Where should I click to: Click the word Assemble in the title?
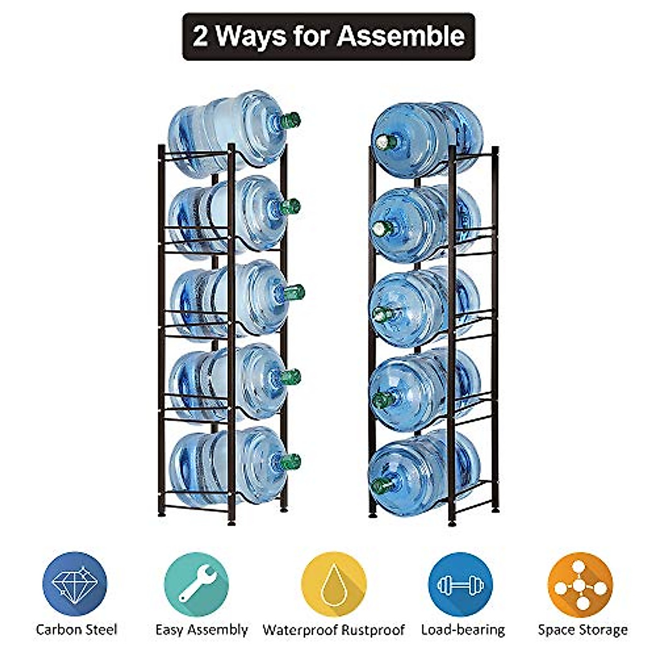pyautogui.click(x=400, y=36)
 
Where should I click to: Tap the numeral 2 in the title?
pyautogui.click(x=200, y=37)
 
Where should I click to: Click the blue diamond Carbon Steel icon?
pyautogui.click(x=75, y=584)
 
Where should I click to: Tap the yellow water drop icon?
pyautogui.click(x=333, y=584)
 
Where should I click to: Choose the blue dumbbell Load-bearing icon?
pyautogui.click(x=460, y=584)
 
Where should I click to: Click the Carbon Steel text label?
pyautogui.click(x=76, y=630)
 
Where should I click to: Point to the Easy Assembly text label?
pyautogui.click(x=201, y=630)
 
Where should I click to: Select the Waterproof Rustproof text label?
pyautogui.click(x=333, y=630)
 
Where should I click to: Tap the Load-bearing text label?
pyautogui.click(x=463, y=630)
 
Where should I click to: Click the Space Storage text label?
pyautogui.click(x=583, y=630)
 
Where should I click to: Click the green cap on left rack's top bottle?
pyautogui.click(x=291, y=119)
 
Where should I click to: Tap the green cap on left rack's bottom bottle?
pyautogui.click(x=291, y=462)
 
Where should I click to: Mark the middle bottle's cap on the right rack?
pyautogui.click(x=382, y=314)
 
